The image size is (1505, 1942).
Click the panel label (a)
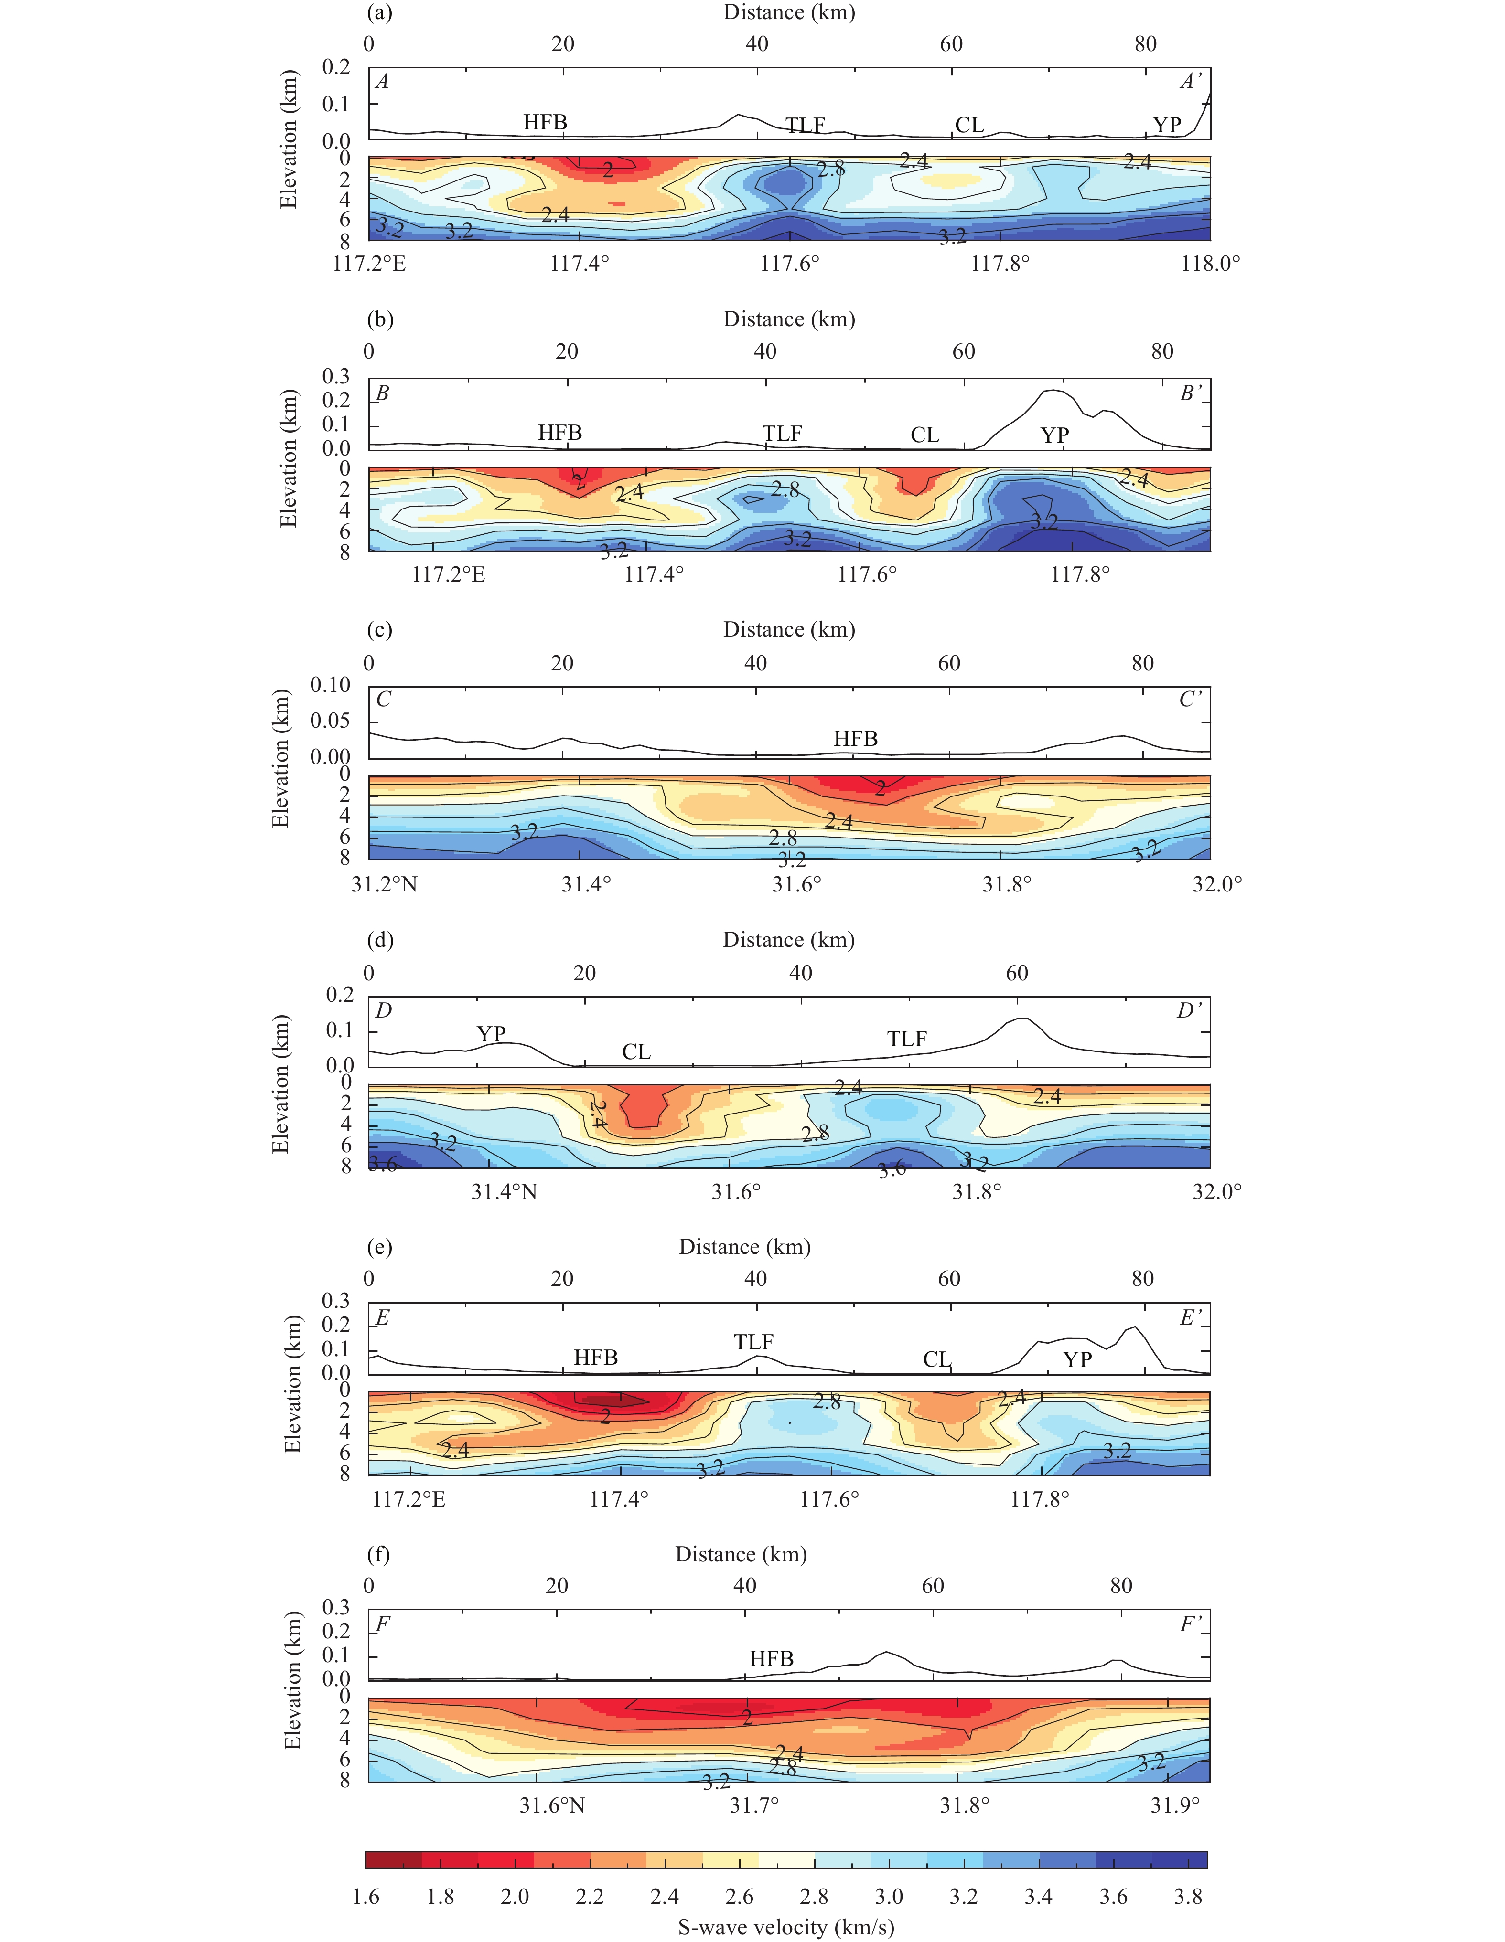(x=380, y=12)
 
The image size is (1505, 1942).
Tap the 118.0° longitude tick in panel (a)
(x=1210, y=263)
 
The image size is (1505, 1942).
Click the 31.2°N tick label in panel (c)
(x=384, y=884)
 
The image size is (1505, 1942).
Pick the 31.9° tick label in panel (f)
(x=1174, y=1805)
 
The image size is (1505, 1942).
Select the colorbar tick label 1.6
(x=365, y=1898)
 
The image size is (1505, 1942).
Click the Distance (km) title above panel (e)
(x=744, y=1247)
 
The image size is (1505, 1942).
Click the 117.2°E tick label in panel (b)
(x=448, y=574)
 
